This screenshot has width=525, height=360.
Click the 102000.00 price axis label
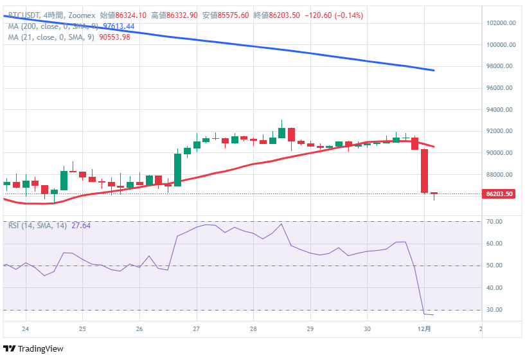tap(500, 23)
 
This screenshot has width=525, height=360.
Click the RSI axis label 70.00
tap(495, 222)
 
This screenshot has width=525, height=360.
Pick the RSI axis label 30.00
tap(495, 310)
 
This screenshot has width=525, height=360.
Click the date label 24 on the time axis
tap(26, 328)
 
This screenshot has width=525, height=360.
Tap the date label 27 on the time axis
tap(197, 328)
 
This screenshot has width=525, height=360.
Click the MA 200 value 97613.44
tap(119, 26)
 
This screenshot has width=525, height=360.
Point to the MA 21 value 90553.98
tap(114, 37)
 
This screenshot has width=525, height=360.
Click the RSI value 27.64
tap(82, 226)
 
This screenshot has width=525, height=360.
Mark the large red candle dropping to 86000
tap(424, 170)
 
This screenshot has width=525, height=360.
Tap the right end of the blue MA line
tap(434, 70)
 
